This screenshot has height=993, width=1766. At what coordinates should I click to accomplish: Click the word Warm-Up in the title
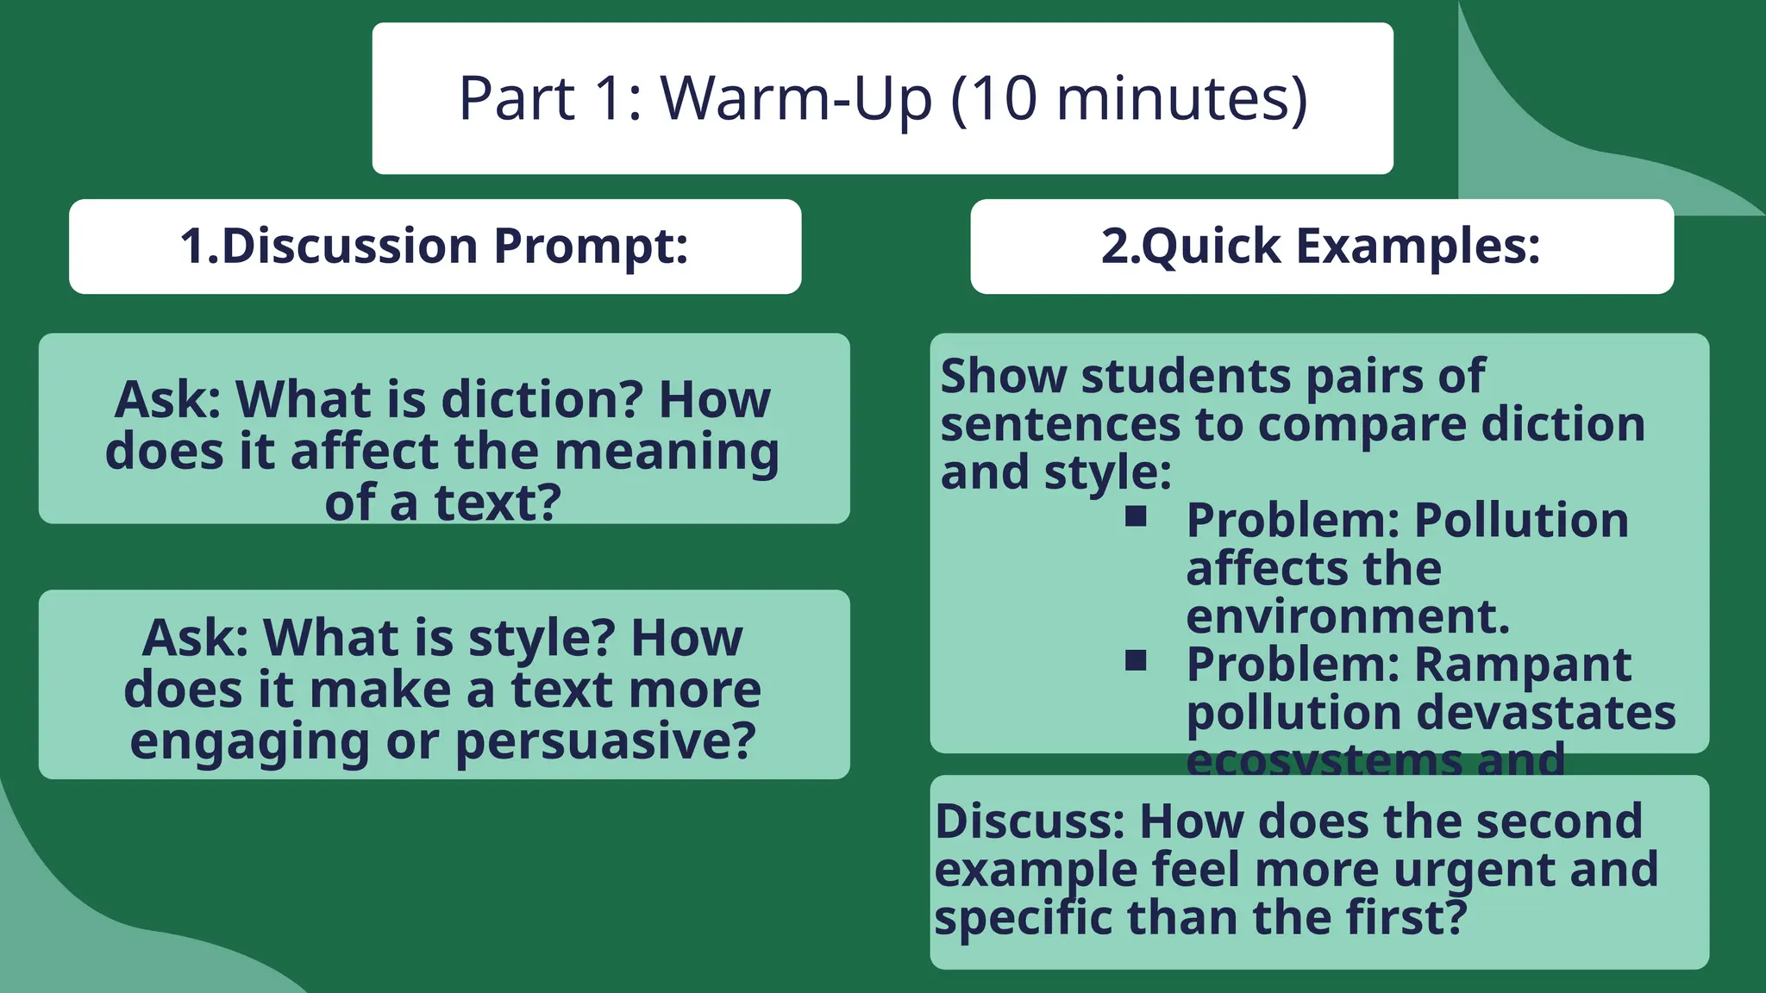click(x=796, y=98)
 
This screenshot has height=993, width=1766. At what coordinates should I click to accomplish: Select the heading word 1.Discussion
click(x=329, y=246)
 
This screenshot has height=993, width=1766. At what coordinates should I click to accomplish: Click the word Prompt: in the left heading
click(x=592, y=247)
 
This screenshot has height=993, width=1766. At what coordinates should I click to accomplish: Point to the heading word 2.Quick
click(x=1190, y=247)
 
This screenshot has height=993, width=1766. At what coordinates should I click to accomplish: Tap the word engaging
click(x=249, y=742)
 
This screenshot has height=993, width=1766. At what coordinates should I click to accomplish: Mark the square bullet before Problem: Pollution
click(x=1136, y=516)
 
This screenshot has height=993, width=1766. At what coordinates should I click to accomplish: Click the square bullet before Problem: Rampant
click(x=1136, y=660)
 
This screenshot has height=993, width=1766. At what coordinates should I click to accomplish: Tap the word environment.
click(x=1348, y=616)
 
